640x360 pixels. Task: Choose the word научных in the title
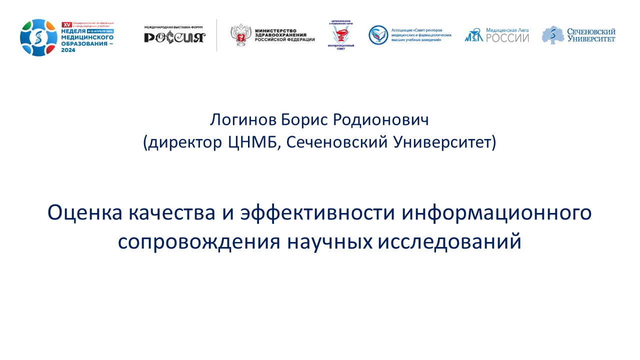pyautogui.click(x=330, y=241)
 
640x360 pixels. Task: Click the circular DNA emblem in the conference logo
pyautogui.click(x=38, y=37)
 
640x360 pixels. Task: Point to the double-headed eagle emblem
pyautogui.click(x=240, y=35)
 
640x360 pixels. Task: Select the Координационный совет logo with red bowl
pyautogui.click(x=342, y=34)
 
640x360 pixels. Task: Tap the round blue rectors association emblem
pyautogui.click(x=378, y=34)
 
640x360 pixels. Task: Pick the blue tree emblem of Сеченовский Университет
pyautogui.click(x=552, y=34)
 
